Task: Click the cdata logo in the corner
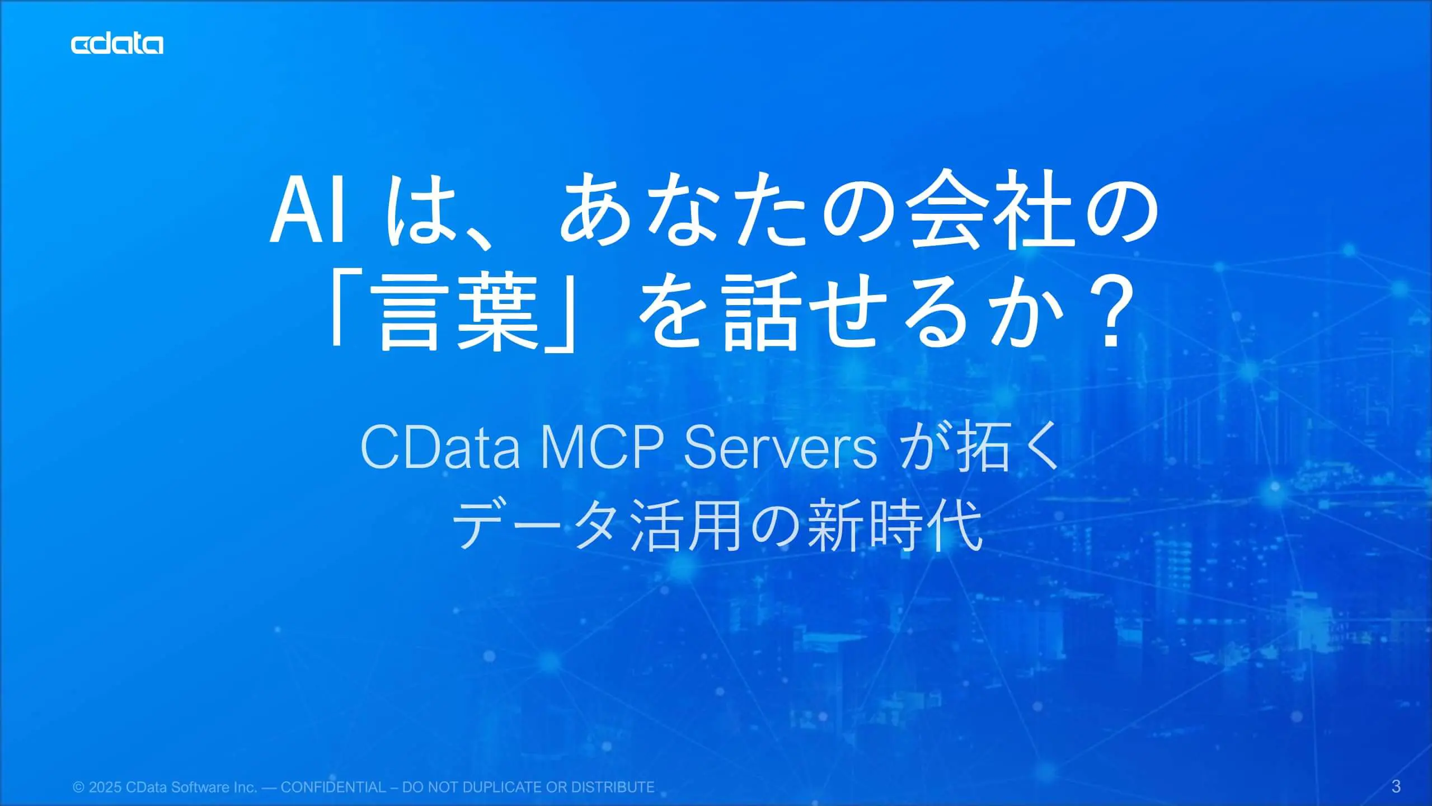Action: pos(117,44)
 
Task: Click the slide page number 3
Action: pos(1396,786)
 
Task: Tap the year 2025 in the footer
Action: pos(105,788)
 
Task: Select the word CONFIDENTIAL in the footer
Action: pos(334,788)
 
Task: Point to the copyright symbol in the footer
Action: pos(78,788)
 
